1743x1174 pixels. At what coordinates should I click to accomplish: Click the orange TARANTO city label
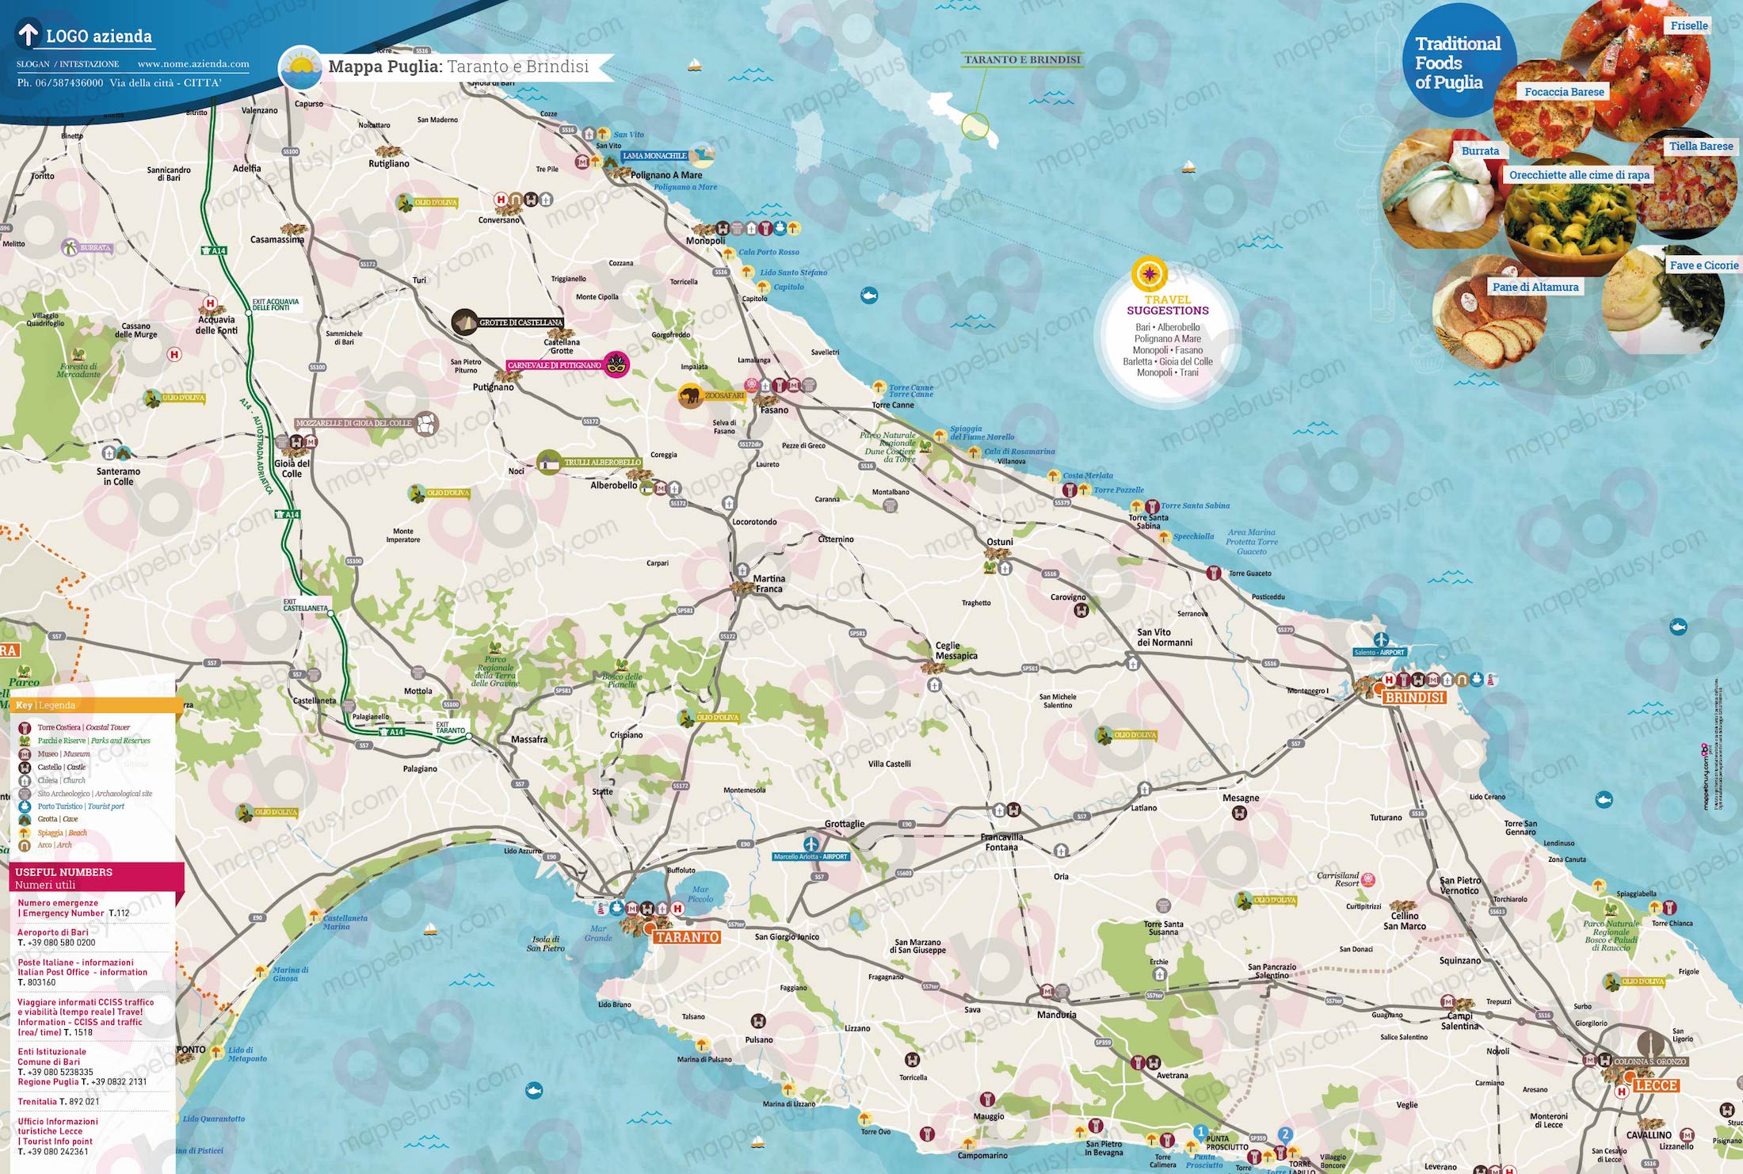pos(687,937)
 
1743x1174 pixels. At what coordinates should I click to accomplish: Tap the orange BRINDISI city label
pos(1414,697)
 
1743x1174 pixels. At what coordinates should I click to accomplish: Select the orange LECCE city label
pos(1656,1085)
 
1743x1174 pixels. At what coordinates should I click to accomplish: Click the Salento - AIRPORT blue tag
pos(1379,653)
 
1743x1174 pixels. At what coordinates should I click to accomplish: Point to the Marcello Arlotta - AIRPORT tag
pos(810,856)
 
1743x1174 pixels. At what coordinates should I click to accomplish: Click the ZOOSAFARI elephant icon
pos(691,395)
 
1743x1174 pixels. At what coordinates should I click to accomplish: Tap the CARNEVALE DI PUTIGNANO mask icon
pos(616,365)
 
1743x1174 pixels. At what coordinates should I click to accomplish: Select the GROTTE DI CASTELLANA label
pos(521,322)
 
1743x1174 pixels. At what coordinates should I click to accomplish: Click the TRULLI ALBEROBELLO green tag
pos(602,462)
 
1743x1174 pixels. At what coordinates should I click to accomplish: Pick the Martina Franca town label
pos(769,584)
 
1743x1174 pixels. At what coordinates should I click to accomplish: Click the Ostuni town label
pos(1000,542)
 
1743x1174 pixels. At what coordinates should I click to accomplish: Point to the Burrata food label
pos(1480,151)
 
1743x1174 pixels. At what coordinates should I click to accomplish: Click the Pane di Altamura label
pos(1535,287)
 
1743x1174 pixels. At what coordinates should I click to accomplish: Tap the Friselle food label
pos(1688,25)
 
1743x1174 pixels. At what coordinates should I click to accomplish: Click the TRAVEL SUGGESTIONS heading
pos(1168,305)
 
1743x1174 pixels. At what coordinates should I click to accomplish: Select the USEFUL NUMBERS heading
pos(63,872)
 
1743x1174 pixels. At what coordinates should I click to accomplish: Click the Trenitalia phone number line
pos(59,1101)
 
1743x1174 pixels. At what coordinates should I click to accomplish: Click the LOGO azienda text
pos(98,36)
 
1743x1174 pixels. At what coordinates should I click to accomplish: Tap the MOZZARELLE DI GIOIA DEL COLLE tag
pos(353,423)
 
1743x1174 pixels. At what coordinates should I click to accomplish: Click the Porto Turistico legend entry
pos(80,806)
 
